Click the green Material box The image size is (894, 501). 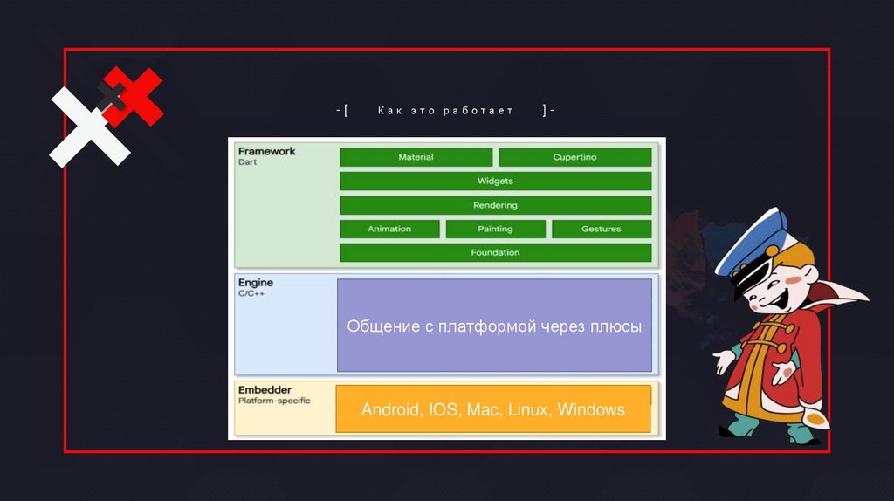pos(416,157)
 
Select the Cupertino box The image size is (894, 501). pos(574,157)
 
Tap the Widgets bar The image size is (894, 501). pos(495,181)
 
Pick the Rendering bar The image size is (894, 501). pos(495,205)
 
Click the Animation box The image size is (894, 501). pos(389,229)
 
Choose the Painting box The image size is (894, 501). pos(495,229)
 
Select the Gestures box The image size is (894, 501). pos(601,229)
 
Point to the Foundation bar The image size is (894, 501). pos(495,252)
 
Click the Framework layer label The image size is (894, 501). pos(266,151)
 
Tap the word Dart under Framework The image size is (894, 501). pos(247,162)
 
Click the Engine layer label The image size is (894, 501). pos(256,283)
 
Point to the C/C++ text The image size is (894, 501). pos(251,294)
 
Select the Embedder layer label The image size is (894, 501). pos(265,389)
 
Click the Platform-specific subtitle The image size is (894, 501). pos(274,401)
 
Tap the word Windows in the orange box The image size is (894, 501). pos(591,409)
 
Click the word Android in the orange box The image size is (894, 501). pos(390,409)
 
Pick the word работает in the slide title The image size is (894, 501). pos(484,111)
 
